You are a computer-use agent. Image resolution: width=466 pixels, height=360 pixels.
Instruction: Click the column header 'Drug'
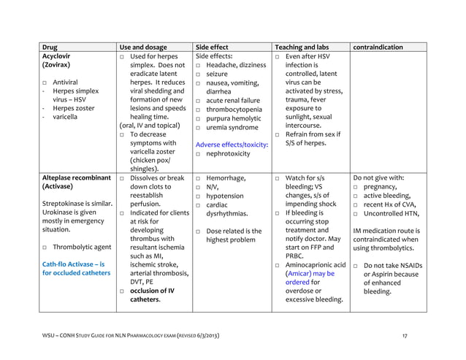[x=50, y=47]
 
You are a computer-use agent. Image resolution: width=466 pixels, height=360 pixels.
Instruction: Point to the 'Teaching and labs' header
[x=301, y=47]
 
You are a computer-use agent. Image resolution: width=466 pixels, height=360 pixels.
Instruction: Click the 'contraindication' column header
[x=378, y=47]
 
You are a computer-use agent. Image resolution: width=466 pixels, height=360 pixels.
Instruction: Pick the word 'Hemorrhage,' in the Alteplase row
[x=232, y=177]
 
